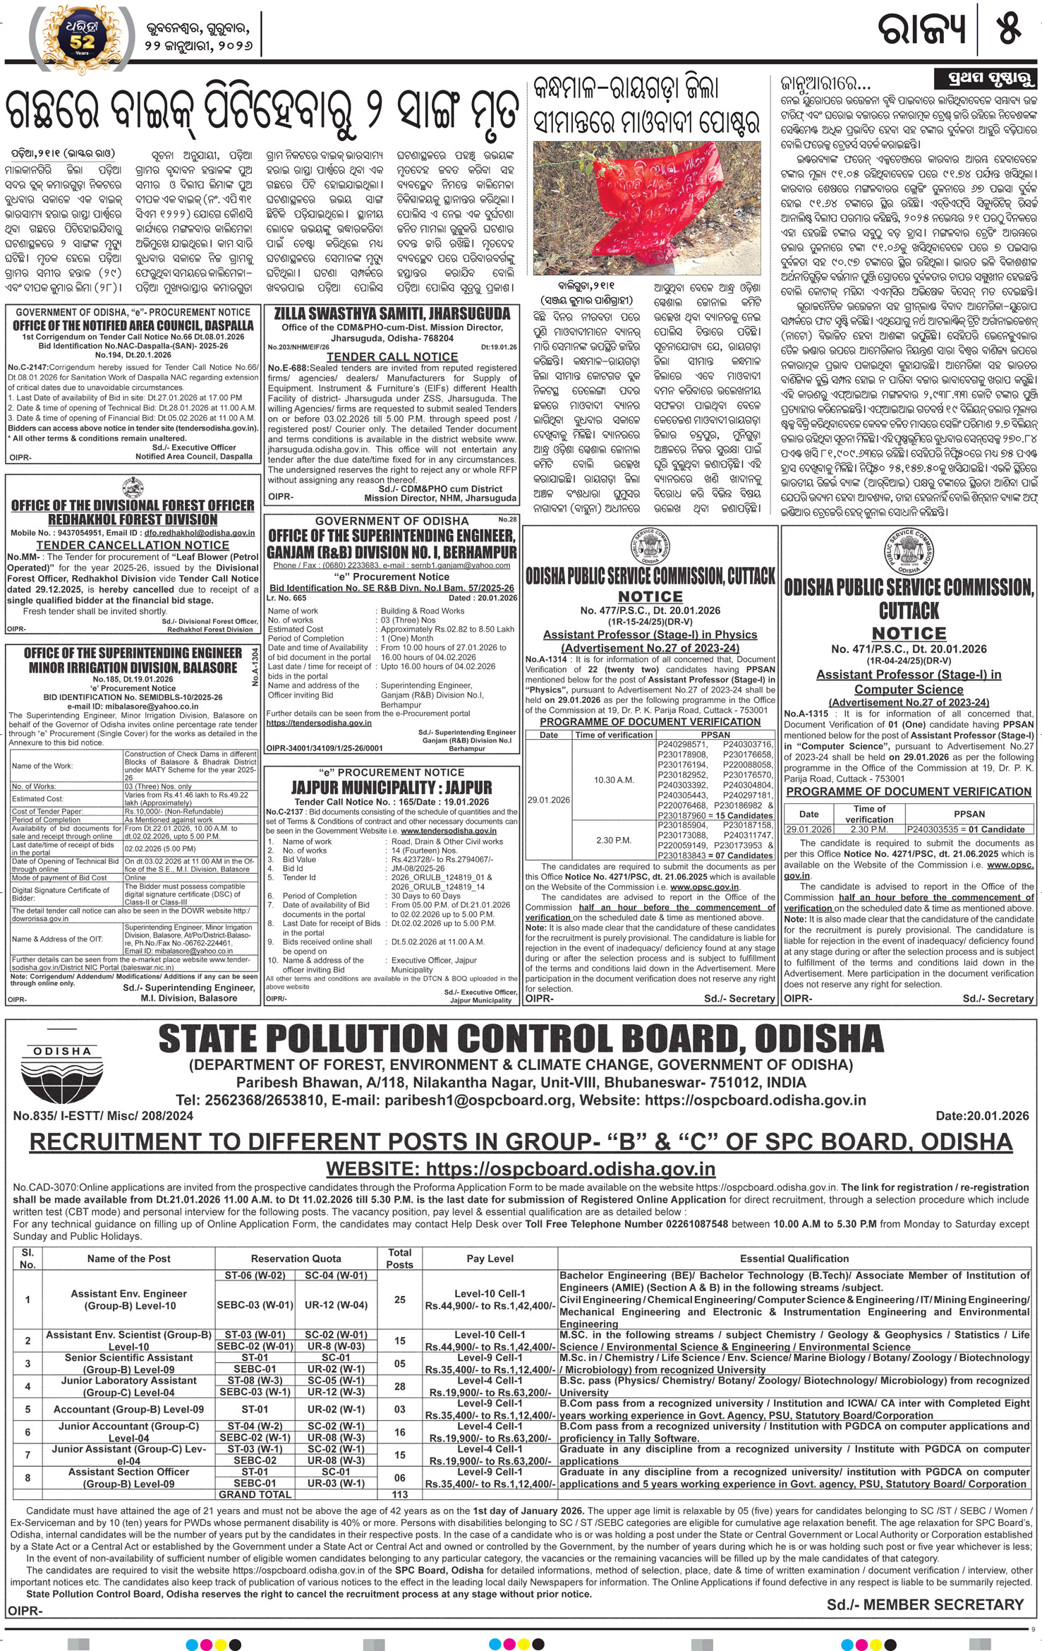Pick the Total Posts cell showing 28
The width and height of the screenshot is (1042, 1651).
[x=400, y=1386]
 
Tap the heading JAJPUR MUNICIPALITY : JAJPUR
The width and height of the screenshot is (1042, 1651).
[x=392, y=787]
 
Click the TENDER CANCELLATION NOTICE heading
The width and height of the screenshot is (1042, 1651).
[x=133, y=545]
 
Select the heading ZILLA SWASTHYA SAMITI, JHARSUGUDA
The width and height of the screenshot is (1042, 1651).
[x=392, y=313]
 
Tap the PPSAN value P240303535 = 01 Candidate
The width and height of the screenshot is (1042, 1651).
[x=965, y=829]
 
